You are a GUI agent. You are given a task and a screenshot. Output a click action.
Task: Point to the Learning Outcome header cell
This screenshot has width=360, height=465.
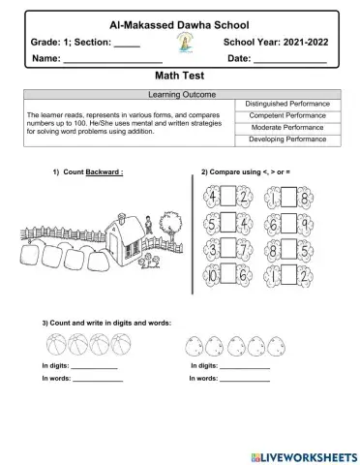pyautogui.click(x=180, y=95)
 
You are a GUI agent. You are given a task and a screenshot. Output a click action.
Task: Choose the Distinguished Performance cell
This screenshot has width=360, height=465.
pyautogui.click(x=287, y=104)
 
